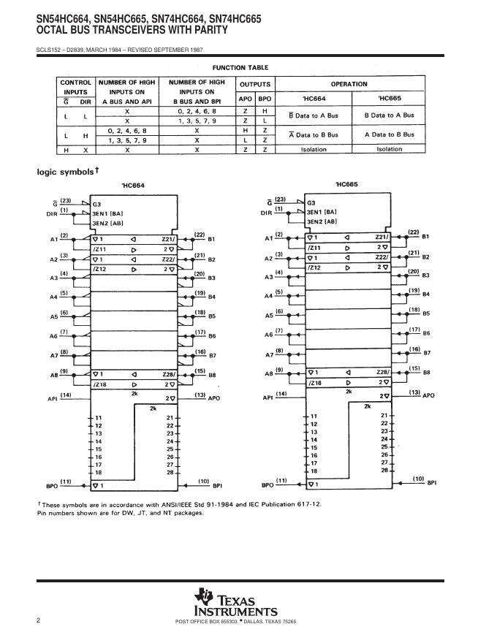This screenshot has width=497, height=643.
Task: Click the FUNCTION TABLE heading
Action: tap(240, 67)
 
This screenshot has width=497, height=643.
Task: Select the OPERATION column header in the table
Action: tap(349, 84)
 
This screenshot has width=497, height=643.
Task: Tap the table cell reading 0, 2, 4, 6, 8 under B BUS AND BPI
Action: tap(197, 110)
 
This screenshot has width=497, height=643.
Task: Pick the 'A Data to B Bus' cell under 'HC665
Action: tap(389, 134)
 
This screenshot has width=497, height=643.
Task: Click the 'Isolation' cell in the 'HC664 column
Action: tap(314, 149)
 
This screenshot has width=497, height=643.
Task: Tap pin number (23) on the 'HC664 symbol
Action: tap(66, 199)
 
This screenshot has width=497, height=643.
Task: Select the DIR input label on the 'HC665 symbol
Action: tap(268, 213)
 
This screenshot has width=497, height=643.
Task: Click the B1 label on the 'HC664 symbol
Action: tap(212, 239)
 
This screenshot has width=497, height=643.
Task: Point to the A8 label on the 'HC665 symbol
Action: tap(268, 373)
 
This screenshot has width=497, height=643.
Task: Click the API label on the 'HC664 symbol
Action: tap(52, 399)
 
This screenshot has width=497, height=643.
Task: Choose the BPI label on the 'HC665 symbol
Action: tap(433, 483)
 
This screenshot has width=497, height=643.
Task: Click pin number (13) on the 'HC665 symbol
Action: tap(414, 392)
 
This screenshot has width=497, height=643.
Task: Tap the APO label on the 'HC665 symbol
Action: tap(429, 395)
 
